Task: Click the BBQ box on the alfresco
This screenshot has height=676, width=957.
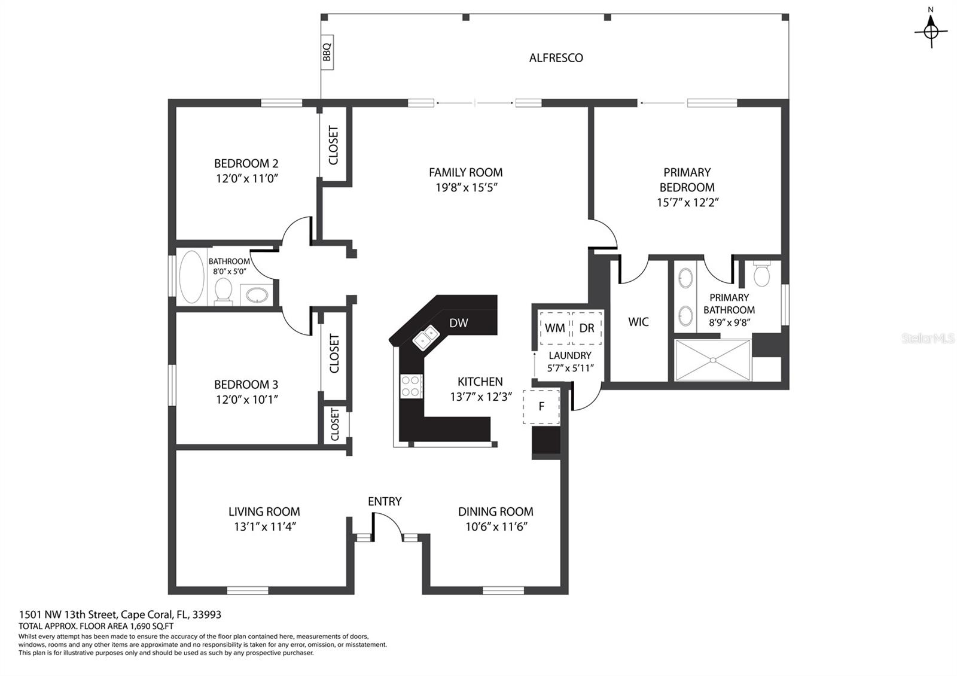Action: pos(327,52)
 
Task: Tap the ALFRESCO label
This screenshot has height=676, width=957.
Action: pos(556,58)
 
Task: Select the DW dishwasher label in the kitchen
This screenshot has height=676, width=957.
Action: pos(458,323)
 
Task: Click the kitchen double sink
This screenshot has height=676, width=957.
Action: pos(426,337)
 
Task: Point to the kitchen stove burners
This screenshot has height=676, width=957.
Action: pos(411,386)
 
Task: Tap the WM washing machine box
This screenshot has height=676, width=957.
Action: pos(555,328)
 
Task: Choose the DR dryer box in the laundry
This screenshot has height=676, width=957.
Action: pos(587,328)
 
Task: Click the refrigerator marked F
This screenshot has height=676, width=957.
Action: pos(541,406)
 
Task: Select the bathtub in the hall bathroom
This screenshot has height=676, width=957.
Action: pos(191,276)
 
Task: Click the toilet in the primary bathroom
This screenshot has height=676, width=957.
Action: pos(762,273)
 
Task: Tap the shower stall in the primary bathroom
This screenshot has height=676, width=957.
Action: pos(712,360)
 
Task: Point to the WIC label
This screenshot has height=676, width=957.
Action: pos(638,322)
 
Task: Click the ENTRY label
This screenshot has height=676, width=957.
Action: pos(385,501)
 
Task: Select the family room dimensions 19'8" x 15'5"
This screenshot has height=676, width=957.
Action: pos(466,188)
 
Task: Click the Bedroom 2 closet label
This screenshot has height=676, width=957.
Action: pos(333,145)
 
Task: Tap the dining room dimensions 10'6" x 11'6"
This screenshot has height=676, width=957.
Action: pos(496,526)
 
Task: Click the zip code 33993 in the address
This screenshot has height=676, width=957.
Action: pos(207,614)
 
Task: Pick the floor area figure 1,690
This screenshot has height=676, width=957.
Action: pos(141,626)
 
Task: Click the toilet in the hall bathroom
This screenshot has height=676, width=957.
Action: pos(223,291)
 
